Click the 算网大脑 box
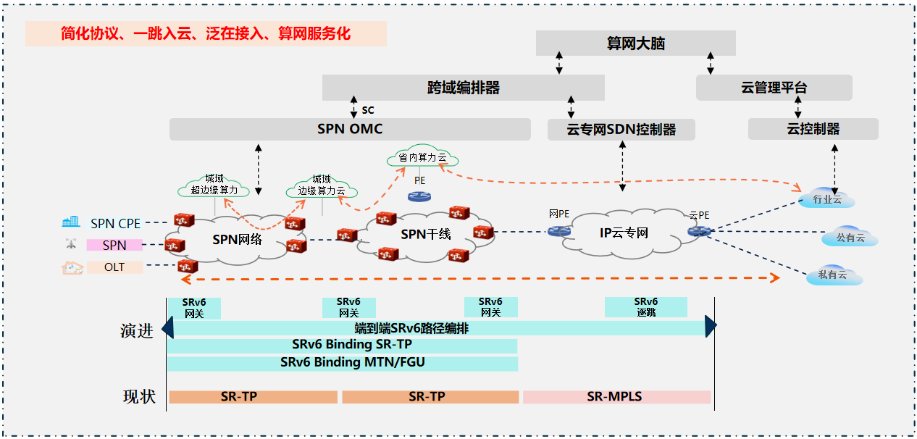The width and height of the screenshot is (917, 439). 635,43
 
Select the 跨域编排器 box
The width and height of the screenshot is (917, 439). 463,88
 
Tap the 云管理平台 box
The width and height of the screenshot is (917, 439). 774,88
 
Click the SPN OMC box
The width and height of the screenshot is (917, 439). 350,130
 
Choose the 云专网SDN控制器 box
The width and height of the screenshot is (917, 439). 621,130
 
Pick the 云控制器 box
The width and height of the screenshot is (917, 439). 813,130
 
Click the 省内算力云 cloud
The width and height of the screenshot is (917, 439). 423,158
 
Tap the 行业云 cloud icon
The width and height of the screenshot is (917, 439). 826,198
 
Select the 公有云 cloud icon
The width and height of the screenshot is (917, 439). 850,237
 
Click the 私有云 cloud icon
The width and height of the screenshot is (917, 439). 832,275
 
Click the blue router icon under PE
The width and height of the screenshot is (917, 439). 419,196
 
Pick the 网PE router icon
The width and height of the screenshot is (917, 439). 558,231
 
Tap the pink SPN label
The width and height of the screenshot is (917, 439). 114,246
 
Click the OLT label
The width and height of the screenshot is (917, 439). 114,267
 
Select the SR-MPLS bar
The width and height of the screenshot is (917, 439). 616,397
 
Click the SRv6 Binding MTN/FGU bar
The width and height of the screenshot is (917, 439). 342,363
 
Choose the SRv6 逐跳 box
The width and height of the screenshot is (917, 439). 645,307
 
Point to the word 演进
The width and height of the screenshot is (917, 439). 137,332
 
